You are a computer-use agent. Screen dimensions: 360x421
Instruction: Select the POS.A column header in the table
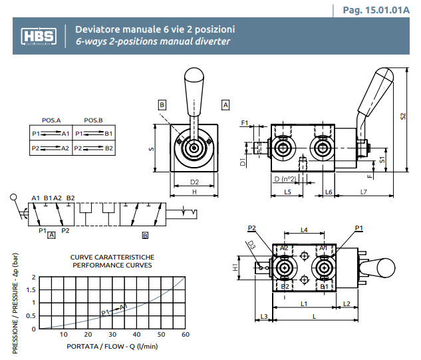pyautogui.click(x=51, y=120)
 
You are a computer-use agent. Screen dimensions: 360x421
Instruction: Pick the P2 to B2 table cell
pyautogui.click(x=94, y=147)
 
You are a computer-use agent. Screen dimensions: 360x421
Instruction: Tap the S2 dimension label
pyautogui.click(x=403, y=116)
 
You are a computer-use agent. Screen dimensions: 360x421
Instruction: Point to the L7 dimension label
pyautogui.click(x=364, y=192)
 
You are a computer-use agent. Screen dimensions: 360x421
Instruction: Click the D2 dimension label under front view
pyautogui.click(x=195, y=181)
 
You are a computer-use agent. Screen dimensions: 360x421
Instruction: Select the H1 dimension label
pyautogui.click(x=235, y=267)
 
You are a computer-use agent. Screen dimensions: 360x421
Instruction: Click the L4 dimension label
pyautogui.click(x=303, y=230)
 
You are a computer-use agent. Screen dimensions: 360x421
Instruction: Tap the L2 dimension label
pyautogui.click(x=347, y=304)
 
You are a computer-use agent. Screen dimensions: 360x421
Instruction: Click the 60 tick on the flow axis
pyautogui.click(x=185, y=334)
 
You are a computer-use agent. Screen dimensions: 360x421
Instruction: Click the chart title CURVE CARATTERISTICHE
pyautogui.click(x=112, y=257)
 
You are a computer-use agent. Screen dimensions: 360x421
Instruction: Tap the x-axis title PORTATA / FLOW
pyautogui.click(x=112, y=346)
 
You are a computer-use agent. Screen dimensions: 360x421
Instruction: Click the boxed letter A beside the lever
pyautogui.click(x=225, y=104)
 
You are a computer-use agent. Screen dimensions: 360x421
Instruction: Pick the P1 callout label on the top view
pyautogui.click(x=358, y=228)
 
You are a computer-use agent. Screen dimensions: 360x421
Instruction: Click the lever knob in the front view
pyautogui.click(x=194, y=83)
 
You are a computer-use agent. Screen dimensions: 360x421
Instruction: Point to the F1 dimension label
pyautogui.click(x=244, y=123)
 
